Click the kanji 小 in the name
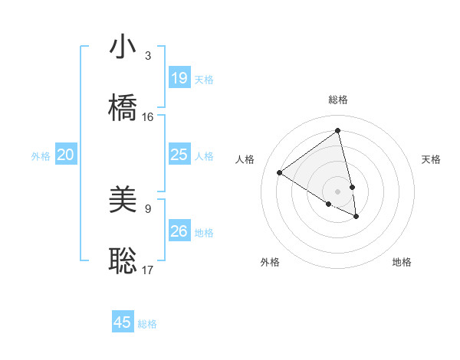click(123, 47)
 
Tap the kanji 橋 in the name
click(123, 108)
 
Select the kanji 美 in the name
click(123, 201)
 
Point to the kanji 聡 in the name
click(123, 260)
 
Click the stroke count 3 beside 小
click(148, 56)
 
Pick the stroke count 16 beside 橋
click(148, 117)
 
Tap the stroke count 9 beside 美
click(148, 208)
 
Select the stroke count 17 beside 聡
click(148, 270)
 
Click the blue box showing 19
click(179, 77)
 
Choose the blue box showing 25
click(179, 155)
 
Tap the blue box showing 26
click(179, 231)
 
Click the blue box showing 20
click(66, 155)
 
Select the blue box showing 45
click(123, 322)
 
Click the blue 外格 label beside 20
click(41, 156)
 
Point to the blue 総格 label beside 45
click(147, 324)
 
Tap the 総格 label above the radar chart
click(338, 100)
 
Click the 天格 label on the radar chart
click(431, 159)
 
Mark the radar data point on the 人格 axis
click(280, 172)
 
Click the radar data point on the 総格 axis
click(338, 131)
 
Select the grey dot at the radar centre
click(338, 191)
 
